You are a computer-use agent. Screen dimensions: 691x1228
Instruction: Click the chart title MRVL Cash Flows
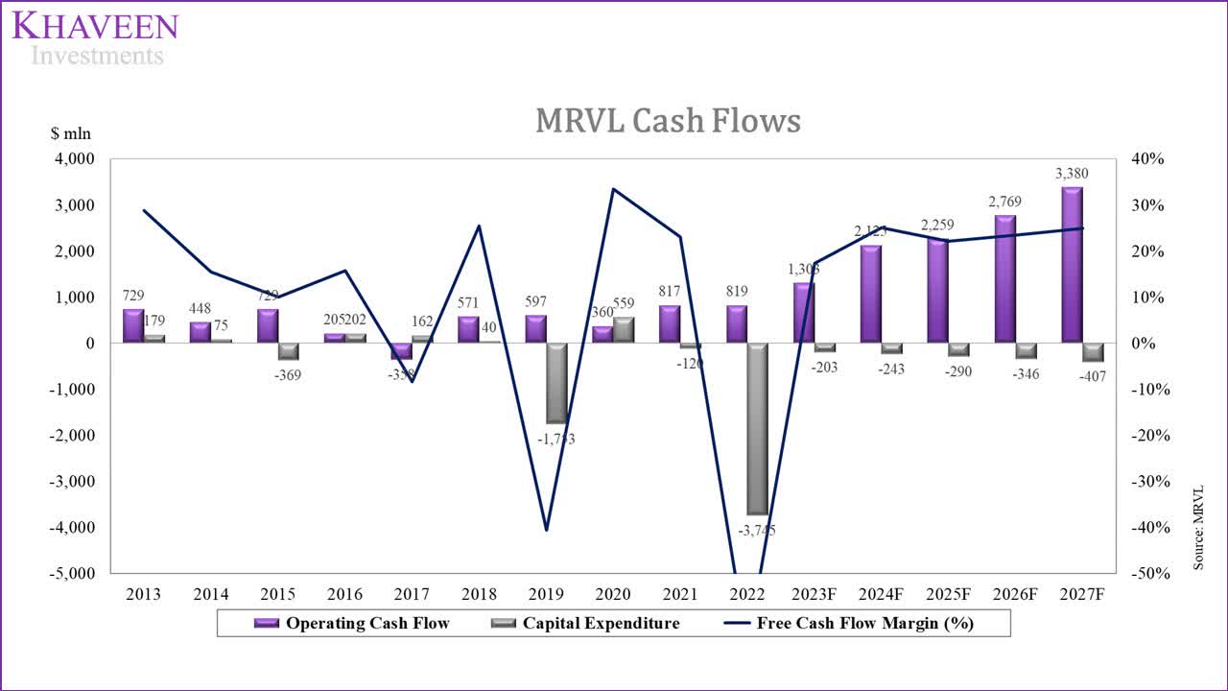(667, 121)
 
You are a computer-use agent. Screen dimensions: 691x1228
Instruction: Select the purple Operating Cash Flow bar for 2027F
(1071, 265)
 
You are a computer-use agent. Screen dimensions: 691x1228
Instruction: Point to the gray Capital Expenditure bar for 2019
(556, 383)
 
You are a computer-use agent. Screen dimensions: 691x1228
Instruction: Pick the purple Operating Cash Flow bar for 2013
(132, 326)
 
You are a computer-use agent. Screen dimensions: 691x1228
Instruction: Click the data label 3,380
(1071, 174)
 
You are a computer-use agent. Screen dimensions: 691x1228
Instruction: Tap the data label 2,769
(1004, 202)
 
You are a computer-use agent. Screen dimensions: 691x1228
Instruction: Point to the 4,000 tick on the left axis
(75, 159)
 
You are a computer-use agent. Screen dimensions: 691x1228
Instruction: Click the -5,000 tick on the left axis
(72, 574)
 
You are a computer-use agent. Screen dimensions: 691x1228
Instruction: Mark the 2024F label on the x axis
(881, 594)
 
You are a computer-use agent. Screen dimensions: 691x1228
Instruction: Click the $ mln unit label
(71, 134)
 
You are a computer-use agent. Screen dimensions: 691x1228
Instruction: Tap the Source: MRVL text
(1198, 528)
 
